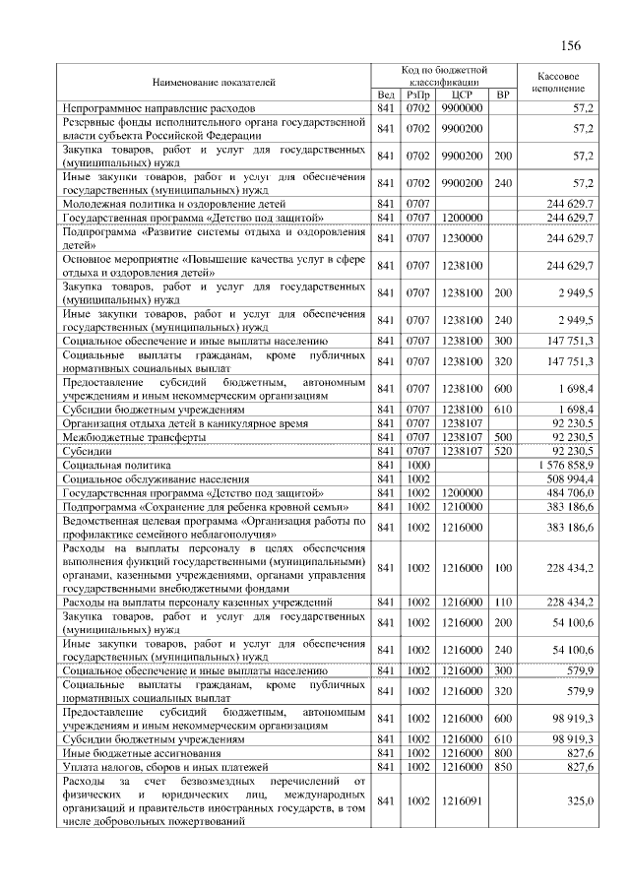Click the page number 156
570,46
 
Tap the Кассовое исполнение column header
558,82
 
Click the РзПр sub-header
417,94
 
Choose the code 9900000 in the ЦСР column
462,106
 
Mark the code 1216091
462,801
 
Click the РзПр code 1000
417,462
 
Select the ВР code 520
502,449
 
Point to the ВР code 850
502,765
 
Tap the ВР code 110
502,601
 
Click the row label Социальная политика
117,462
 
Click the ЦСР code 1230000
462,238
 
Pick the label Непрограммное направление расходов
159,106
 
